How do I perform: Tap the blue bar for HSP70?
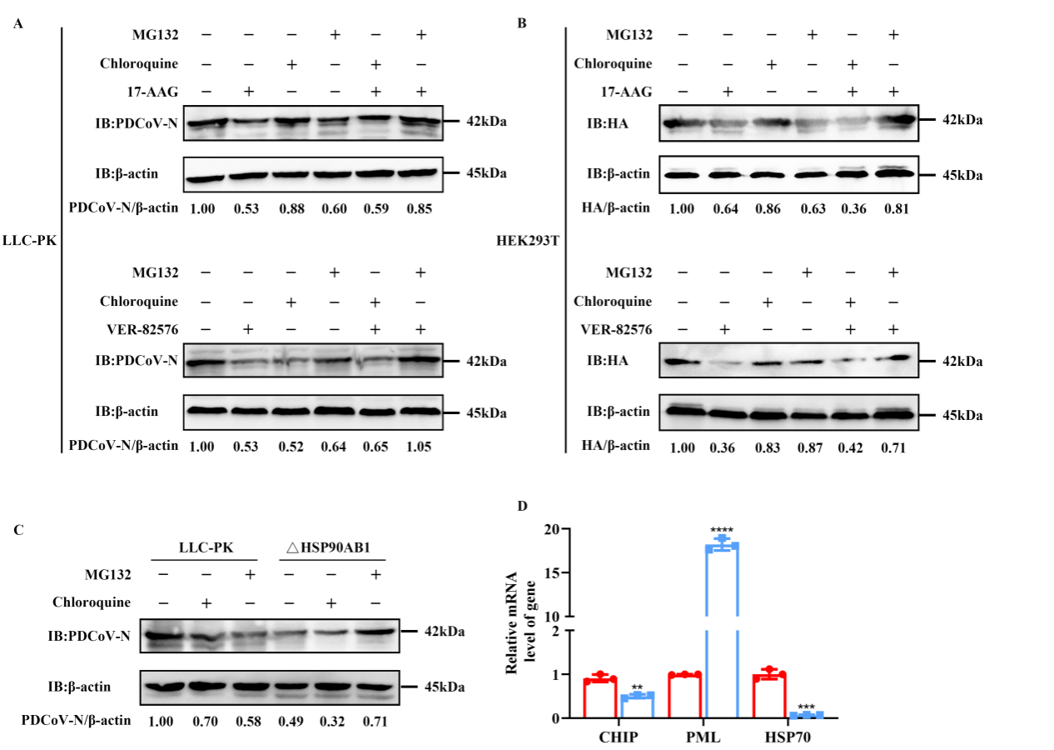pyautogui.click(x=804, y=715)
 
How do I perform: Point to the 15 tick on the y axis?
pyautogui.click(x=554, y=572)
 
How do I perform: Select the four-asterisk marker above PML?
pyautogui.click(x=722, y=529)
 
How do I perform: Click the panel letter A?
pyautogui.click(x=18, y=24)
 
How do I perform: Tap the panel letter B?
pyautogui.click(x=521, y=24)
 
